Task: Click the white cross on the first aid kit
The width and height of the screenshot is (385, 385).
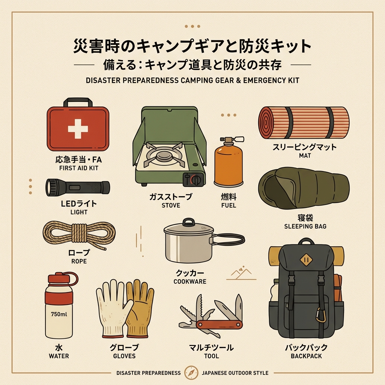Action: pos(78,129)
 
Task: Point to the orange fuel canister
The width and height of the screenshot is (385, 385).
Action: pos(228,165)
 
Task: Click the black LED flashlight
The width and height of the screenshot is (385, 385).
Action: pos(78,187)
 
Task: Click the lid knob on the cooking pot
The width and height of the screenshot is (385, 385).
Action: pos(188,221)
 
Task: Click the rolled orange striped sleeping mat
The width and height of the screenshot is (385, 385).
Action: pos(304,122)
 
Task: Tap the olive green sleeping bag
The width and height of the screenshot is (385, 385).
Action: pos(304,188)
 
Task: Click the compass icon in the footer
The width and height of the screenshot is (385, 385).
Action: pos(191,373)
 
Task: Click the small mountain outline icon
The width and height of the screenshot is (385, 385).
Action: pos(241,274)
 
